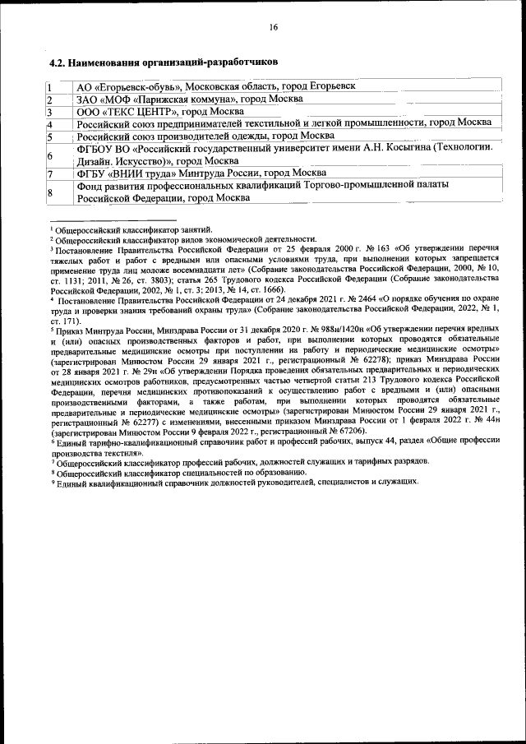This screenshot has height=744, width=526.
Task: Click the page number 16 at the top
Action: point(274,27)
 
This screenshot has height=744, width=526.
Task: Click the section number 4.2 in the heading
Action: point(58,62)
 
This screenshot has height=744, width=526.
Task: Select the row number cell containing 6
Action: point(50,155)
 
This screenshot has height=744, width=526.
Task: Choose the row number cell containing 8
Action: point(50,192)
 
